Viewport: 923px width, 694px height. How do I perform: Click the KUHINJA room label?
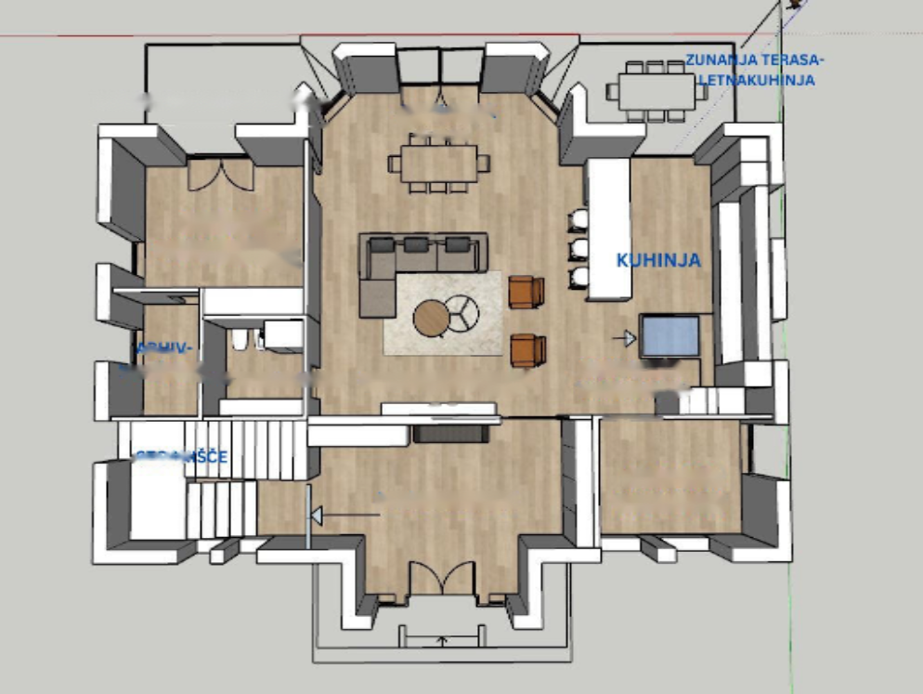pyautogui.click(x=658, y=260)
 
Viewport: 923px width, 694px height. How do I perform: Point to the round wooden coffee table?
pyautogui.click(x=431, y=319)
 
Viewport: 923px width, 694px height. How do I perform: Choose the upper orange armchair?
pyautogui.click(x=526, y=292)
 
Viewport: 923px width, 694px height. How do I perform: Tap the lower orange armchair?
pyautogui.click(x=527, y=350)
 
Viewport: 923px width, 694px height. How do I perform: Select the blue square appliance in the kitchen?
pyautogui.click(x=669, y=335)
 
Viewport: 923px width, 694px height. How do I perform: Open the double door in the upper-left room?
pyautogui.click(x=220, y=174)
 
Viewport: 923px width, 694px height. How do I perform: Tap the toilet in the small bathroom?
pyautogui.click(x=240, y=340)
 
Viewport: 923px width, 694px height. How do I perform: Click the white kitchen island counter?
pyautogui.click(x=609, y=229)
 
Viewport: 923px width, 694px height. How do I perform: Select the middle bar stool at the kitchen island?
pyautogui.click(x=578, y=248)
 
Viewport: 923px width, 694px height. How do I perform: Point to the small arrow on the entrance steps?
pyautogui.click(x=442, y=640)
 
